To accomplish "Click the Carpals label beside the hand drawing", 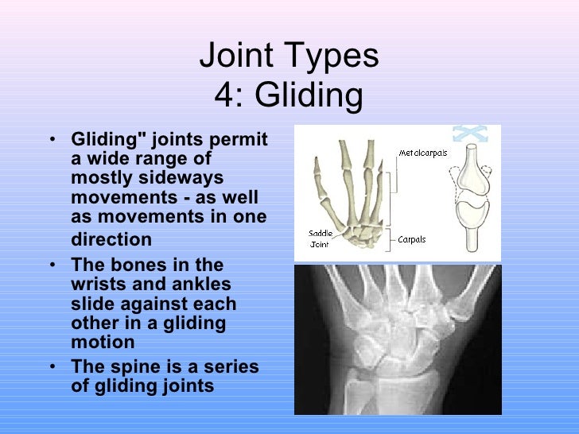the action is (413, 238).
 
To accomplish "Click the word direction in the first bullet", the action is (111, 239).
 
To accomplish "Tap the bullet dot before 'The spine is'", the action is (52, 368).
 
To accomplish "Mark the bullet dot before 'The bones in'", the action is (52, 265).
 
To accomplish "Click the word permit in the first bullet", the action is (239, 140).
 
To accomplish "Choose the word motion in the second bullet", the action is (103, 343).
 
